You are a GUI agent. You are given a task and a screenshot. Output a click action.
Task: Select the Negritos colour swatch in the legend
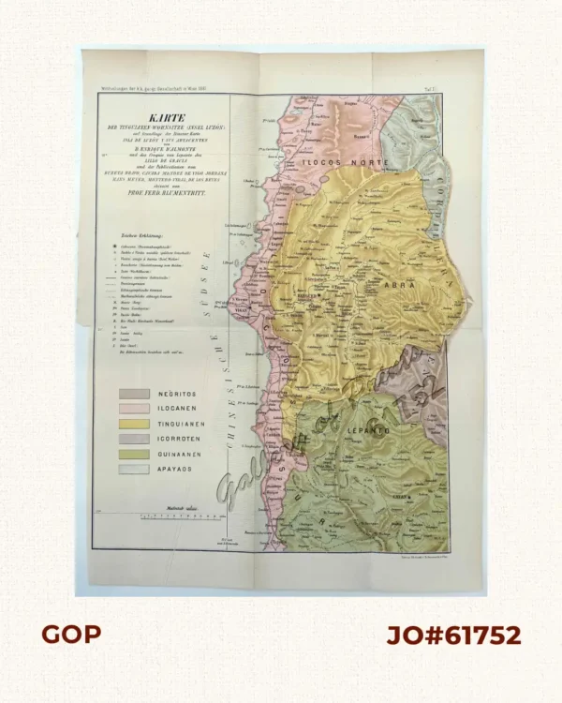pyautogui.click(x=132, y=395)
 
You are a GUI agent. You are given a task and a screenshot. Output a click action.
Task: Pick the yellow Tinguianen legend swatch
pyautogui.click(x=132, y=425)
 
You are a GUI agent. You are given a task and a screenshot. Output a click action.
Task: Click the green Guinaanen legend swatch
pyautogui.click(x=132, y=454)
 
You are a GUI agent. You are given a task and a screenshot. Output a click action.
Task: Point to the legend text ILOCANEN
pyautogui.click(x=181, y=410)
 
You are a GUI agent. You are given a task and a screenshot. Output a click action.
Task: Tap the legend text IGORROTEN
pyautogui.click(x=182, y=440)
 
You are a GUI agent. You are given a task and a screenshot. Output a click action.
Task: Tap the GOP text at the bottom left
pyautogui.click(x=70, y=635)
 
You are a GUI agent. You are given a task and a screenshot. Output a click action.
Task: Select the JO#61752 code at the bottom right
pyautogui.click(x=453, y=635)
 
